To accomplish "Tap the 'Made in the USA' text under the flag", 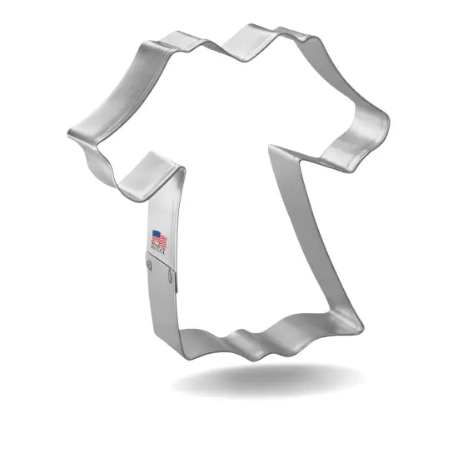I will tap(158, 247).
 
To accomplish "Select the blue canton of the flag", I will tap(154, 234).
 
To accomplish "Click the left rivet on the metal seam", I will tap(148, 267).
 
